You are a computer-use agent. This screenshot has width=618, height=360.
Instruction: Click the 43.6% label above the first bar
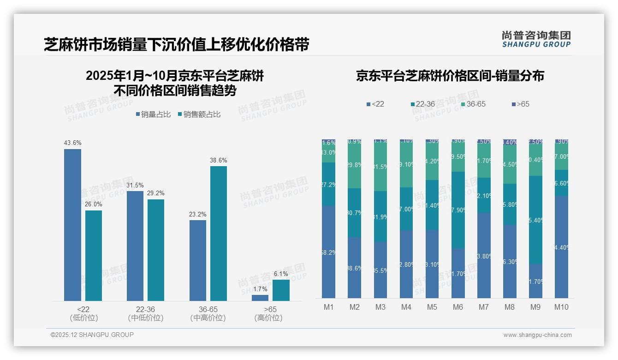point(72,143)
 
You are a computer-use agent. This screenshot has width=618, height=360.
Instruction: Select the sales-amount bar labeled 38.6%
point(219,233)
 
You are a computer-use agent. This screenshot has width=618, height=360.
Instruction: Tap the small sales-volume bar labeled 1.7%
point(260,298)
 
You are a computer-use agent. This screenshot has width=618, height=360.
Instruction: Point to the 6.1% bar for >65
point(281,290)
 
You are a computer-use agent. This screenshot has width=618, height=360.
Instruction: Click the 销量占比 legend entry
point(155,114)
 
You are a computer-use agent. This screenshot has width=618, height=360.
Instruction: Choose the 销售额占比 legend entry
point(199,114)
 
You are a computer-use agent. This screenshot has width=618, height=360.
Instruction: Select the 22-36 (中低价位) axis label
point(145,313)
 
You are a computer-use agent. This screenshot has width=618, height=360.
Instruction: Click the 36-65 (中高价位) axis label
point(208,313)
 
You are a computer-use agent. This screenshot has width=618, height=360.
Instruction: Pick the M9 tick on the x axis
point(535,307)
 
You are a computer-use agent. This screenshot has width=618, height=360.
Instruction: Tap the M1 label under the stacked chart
point(329,307)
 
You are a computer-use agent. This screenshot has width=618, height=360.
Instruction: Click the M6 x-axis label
point(458,307)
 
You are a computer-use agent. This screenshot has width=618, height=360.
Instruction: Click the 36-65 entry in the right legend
point(473,104)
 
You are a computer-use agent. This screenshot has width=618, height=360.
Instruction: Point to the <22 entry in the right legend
point(375,104)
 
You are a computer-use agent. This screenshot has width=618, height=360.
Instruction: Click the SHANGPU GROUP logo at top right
point(536,39)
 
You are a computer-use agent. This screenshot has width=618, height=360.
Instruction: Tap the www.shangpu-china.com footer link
point(537,335)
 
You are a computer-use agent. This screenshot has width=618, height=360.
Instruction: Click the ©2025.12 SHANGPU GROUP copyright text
point(92,335)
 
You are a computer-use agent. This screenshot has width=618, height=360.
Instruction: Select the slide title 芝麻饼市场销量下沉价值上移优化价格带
point(176,45)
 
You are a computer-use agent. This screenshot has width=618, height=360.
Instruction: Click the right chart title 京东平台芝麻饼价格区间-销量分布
point(450,76)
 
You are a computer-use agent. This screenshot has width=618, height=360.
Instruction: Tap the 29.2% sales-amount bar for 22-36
point(156,250)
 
